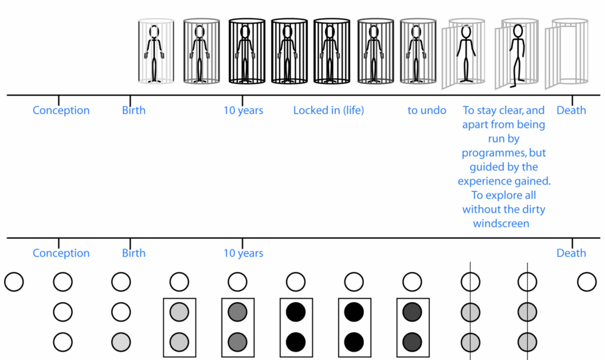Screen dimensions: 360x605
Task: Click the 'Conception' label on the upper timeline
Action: [x=61, y=111]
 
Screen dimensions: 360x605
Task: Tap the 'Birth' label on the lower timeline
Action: [x=134, y=253]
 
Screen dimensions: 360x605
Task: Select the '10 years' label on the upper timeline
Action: [x=243, y=111]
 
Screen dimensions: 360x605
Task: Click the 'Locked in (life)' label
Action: [x=328, y=111]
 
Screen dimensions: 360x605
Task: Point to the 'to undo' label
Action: [x=427, y=111]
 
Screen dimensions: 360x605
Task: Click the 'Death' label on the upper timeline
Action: [x=571, y=111]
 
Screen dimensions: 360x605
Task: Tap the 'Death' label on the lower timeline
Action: [x=571, y=253]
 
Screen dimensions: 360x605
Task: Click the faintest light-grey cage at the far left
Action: [x=156, y=52]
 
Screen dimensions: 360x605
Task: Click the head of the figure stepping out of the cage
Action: [x=518, y=30]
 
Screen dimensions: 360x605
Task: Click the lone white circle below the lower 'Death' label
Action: [x=587, y=282]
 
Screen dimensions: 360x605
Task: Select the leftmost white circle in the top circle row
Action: [x=14, y=282]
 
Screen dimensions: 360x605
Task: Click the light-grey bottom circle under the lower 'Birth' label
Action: [x=121, y=341]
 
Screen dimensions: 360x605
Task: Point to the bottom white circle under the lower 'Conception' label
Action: [x=63, y=341]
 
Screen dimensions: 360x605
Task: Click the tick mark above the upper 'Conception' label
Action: [x=58, y=99]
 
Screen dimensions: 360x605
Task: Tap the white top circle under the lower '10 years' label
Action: [x=237, y=282]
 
